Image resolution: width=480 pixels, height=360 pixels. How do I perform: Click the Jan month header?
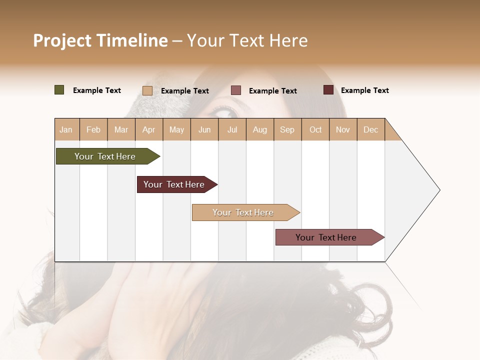66,129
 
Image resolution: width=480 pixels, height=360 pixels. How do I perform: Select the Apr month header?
148,129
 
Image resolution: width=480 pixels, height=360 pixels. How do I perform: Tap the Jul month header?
232,129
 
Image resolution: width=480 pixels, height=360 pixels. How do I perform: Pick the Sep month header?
287,129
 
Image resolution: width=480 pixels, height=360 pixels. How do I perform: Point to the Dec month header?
370,129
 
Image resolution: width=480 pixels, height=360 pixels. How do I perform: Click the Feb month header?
93,129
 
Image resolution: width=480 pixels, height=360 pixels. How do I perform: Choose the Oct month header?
315,129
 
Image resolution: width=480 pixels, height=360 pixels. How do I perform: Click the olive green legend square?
59,90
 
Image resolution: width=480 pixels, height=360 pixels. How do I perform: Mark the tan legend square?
147,90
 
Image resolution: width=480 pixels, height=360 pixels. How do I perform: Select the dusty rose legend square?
236,90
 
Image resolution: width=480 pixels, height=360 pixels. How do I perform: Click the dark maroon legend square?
328,90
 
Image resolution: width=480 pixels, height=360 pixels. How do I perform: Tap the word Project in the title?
62,40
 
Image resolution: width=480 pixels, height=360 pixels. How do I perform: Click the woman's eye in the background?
225,110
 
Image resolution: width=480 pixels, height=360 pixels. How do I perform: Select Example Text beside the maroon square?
364,90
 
